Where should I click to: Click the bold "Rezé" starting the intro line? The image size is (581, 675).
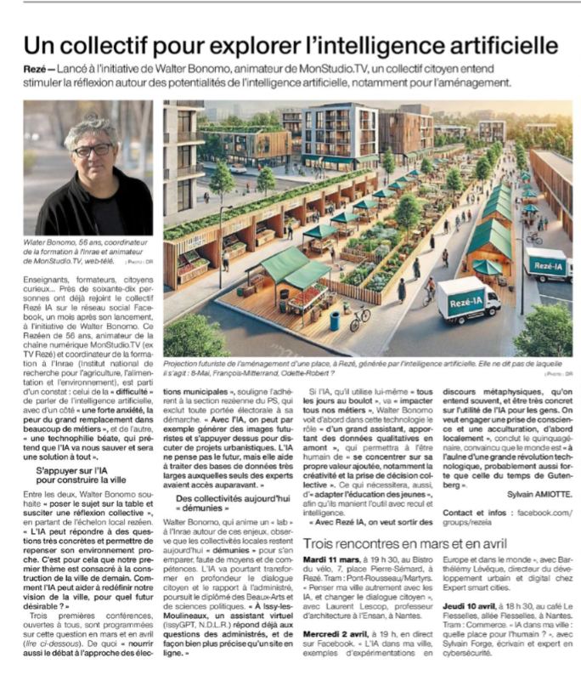[37, 70]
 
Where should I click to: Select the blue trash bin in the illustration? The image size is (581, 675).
[335, 320]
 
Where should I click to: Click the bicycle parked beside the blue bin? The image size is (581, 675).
[359, 318]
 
